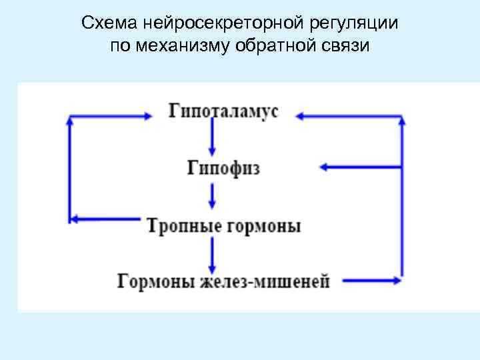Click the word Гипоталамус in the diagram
(x=223, y=111)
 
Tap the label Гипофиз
(x=223, y=167)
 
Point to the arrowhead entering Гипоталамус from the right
(x=299, y=116)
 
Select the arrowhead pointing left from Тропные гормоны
(x=75, y=218)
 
